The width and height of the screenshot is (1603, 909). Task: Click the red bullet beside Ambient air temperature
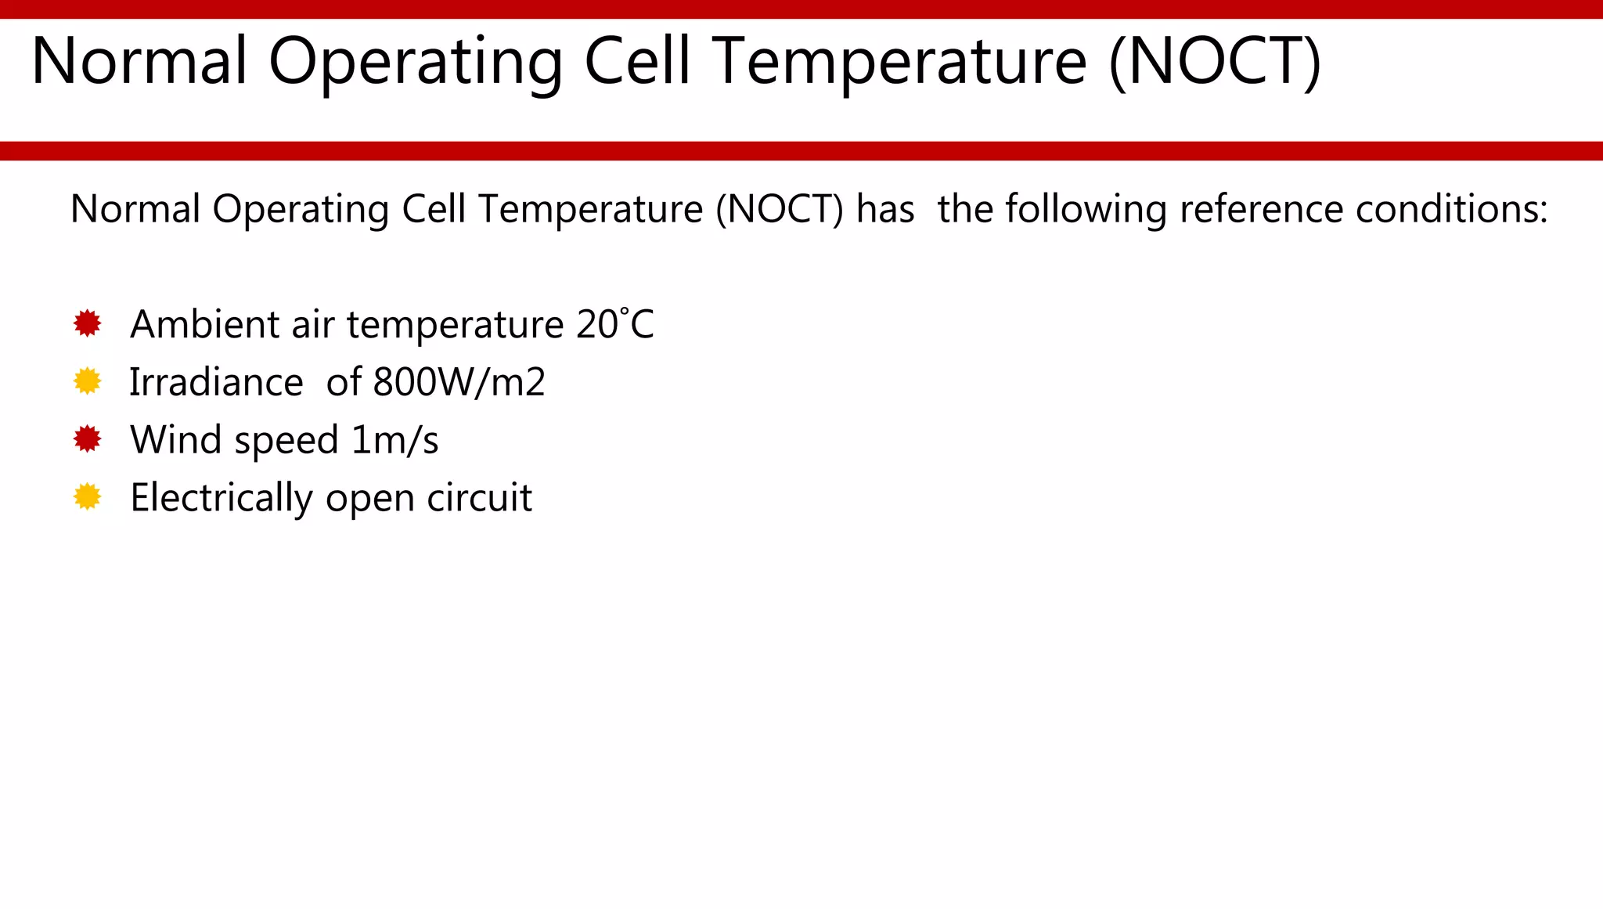[x=87, y=323]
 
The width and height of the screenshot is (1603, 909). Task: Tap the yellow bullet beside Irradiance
[x=87, y=381]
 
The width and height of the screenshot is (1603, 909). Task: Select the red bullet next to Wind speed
[x=87, y=439]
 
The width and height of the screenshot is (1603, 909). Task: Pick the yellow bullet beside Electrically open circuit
[x=87, y=497]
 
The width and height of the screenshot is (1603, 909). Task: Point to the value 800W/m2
[x=459, y=382]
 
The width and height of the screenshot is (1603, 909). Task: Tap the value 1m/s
[x=394, y=440]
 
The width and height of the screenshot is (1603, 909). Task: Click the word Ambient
[x=204, y=324]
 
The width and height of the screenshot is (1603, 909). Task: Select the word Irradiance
[x=216, y=382]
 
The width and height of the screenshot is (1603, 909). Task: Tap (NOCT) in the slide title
[x=1215, y=61]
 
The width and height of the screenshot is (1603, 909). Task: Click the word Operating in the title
[x=416, y=61]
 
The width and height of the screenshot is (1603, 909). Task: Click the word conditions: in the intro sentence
[x=1451, y=209]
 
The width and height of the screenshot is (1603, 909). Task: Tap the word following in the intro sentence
[x=1086, y=209]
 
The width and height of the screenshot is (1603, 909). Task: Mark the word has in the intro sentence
[x=885, y=209]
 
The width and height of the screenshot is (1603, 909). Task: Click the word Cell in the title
[x=638, y=61]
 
